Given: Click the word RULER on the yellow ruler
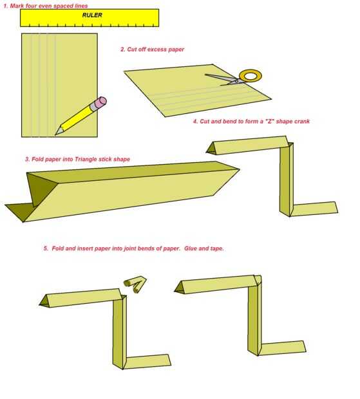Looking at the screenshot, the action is [92, 15].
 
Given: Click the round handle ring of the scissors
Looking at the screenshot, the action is [251, 76].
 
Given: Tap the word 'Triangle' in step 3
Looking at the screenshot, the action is [84, 160].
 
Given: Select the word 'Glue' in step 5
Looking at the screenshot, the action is [191, 248].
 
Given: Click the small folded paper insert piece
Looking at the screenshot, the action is [135, 284].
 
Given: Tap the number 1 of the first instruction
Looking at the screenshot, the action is [5, 6].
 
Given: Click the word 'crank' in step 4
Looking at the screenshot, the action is [303, 122].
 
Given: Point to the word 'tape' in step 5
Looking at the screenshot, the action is [217, 248].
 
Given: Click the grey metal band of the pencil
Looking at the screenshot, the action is [93, 107].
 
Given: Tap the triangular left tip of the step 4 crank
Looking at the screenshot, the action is [211, 149].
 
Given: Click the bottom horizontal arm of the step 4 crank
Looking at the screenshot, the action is [315, 209].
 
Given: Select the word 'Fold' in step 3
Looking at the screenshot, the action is [37, 160].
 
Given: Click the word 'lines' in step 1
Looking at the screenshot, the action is [81, 6].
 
